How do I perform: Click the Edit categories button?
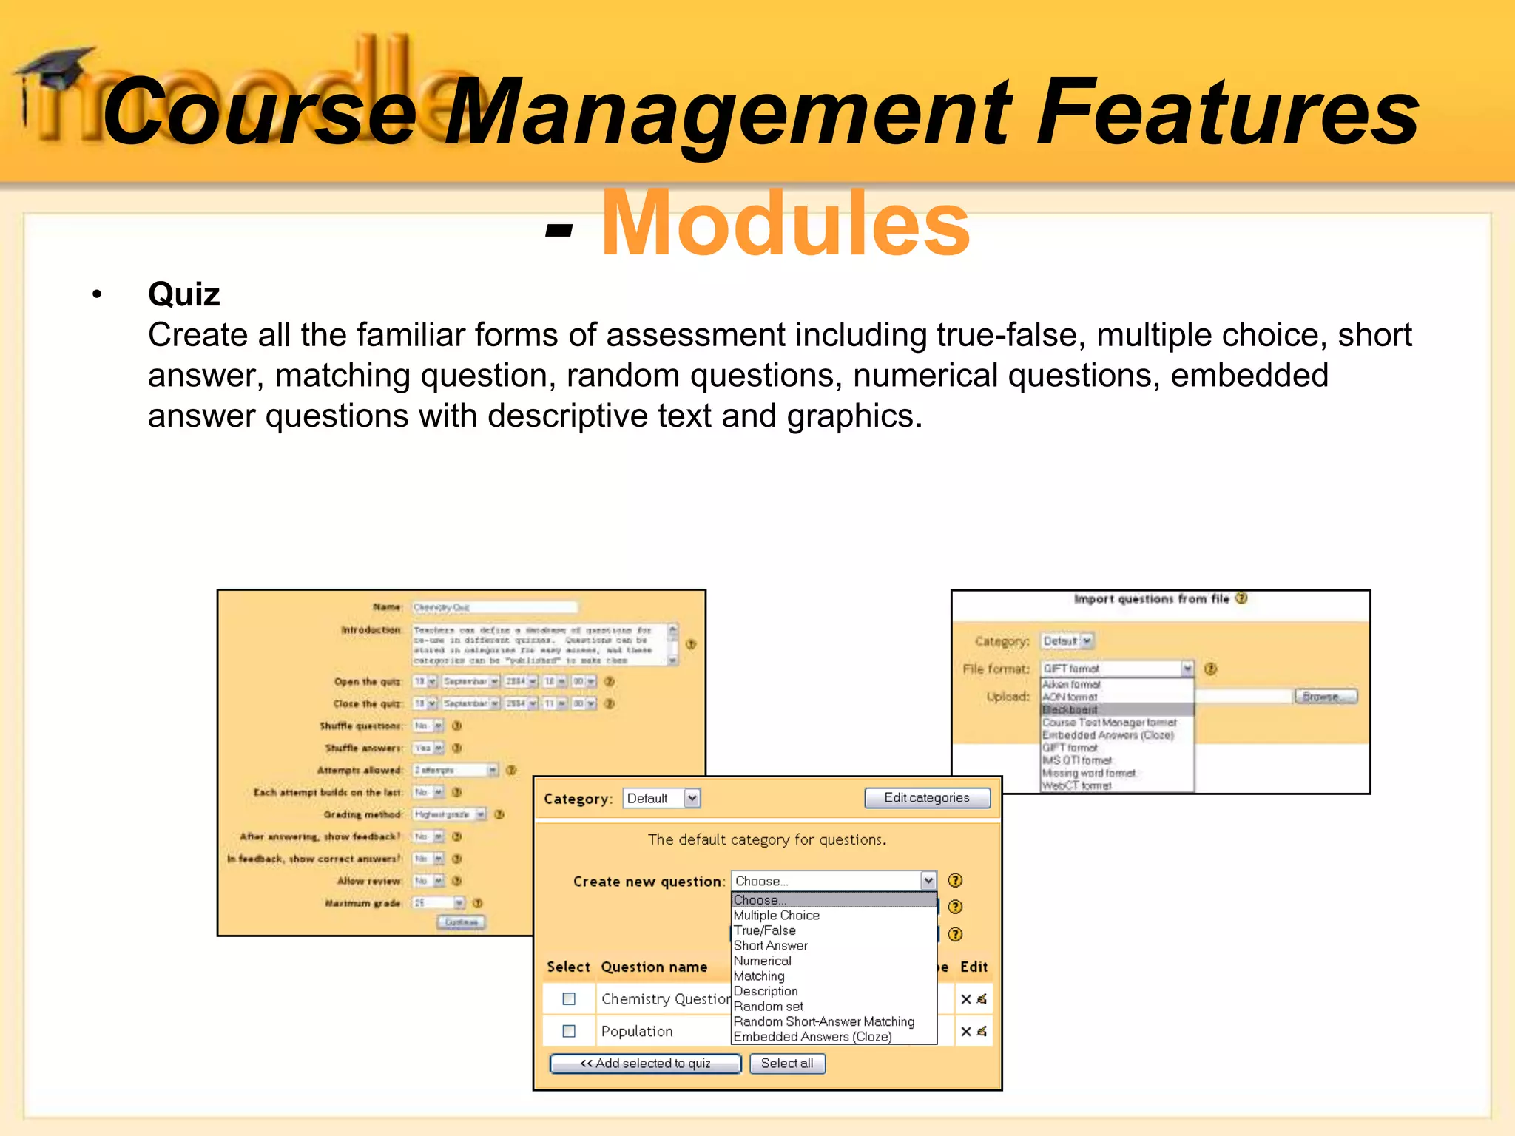click(927, 798)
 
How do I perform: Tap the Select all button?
click(787, 1064)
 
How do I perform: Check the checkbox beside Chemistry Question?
click(569, 999)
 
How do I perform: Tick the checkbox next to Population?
click(569, 1031)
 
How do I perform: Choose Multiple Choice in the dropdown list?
click(776, 916)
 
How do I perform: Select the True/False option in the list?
click(764, 930)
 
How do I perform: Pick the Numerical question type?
click(762, 961)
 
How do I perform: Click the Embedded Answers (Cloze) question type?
click(812, 1037)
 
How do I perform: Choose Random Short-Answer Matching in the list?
click(823, 1021)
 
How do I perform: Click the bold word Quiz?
click(184, 294)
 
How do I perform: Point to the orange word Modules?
click(785, 223)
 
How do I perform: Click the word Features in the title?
click(1226, 112)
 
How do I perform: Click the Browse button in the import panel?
click(1326, 697)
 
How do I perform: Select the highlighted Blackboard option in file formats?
click(1070, 710)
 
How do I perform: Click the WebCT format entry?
click(1076, 785)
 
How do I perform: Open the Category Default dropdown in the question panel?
click(661, 799)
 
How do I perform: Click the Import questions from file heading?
click(1151, 599)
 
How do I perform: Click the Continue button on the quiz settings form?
click(462, 922)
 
